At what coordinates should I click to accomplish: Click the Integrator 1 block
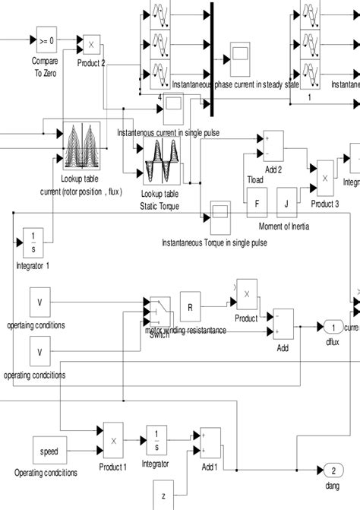coord(33,242)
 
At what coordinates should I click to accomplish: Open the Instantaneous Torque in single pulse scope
coord(219,218)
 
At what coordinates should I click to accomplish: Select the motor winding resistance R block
coord(190,306)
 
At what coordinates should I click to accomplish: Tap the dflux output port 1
coord(332,327)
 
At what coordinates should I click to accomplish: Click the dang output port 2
coord(333,469)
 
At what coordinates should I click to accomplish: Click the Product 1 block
coord(112,440)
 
